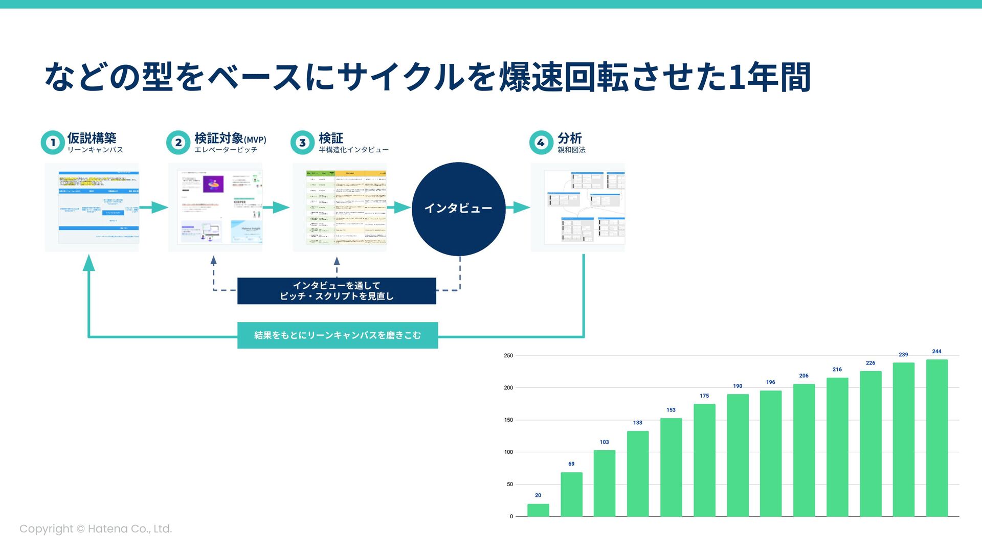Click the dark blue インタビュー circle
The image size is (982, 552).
[458, 209]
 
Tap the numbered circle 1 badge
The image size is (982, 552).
[52, 143]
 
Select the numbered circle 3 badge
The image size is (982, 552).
[302, 143]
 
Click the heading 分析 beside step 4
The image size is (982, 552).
[569, 138]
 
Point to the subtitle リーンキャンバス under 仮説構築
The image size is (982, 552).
[95, 150]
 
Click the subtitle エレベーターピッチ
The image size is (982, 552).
[226, 150]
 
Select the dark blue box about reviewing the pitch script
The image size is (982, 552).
[337, 291]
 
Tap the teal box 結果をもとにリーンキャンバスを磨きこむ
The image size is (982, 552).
[338, 335]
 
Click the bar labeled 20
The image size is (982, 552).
[538, 510]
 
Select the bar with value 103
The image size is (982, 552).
[605, 483]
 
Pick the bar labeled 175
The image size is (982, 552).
[704, 460]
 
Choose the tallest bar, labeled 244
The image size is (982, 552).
[936, 438]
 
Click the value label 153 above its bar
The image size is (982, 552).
[671, 410]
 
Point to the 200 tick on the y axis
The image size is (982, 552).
[508, 388]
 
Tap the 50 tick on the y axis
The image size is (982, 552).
[509, 485]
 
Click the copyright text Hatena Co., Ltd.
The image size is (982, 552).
[96, 529]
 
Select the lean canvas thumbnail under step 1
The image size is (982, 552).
[92, 208]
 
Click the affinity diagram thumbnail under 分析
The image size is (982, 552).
[577, 208]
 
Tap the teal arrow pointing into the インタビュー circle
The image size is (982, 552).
[400, 208]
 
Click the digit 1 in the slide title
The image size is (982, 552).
[736, 77]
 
